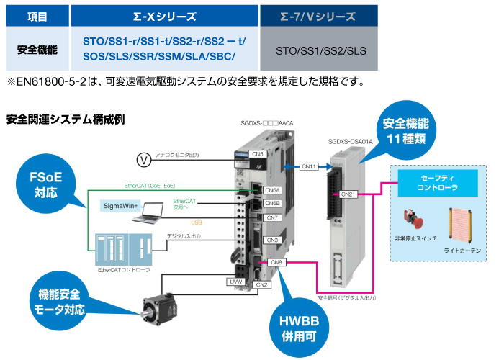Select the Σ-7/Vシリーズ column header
coord(319,15)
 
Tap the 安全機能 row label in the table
coord(37,50)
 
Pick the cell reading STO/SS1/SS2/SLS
coord(319,51)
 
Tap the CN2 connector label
coord(262,284)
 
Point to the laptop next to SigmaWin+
coord(154,210)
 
